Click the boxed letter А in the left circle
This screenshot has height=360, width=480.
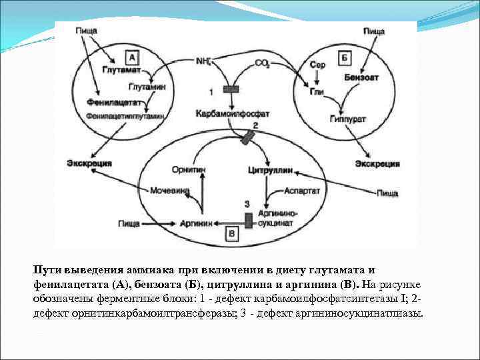(132, 57)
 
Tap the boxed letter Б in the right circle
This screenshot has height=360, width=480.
(345, 58)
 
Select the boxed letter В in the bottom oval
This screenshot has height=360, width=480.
(232, 234)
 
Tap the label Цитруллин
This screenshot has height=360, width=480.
(270, 170)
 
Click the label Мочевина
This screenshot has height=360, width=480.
(169, 191)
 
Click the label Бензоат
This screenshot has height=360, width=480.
(362, 77)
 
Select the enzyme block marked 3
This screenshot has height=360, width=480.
(248, 219)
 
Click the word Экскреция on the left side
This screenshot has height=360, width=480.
(89, 163)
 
